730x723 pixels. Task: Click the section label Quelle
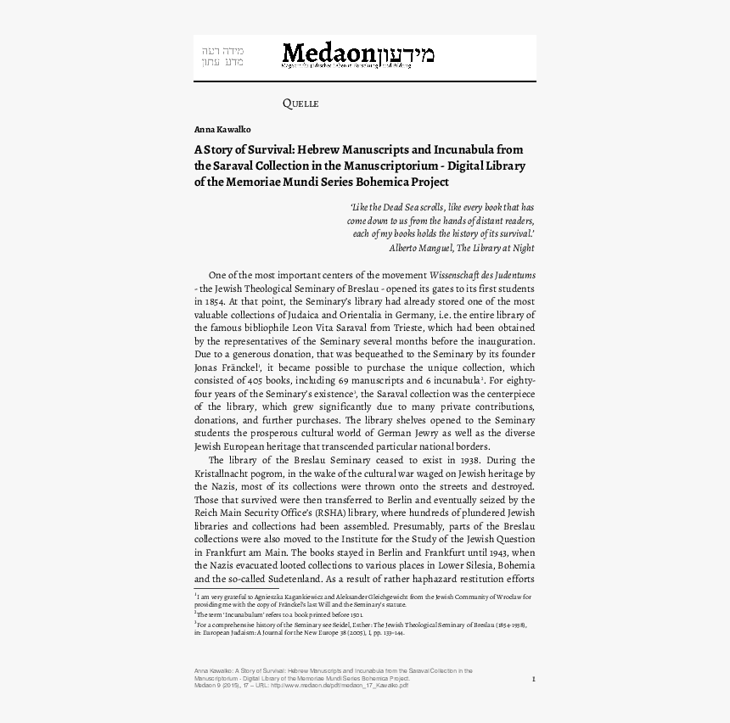pyautogui.click(x=300, y=104)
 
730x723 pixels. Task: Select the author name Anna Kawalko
pyautogui.click(x=222, y=129)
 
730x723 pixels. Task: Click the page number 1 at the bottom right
pyautogui.click(x=533, y=678)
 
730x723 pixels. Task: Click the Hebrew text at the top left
pyautogui.click(x=222, y=56)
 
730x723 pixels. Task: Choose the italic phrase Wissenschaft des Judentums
pyautogui.click(x=483, y=276)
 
